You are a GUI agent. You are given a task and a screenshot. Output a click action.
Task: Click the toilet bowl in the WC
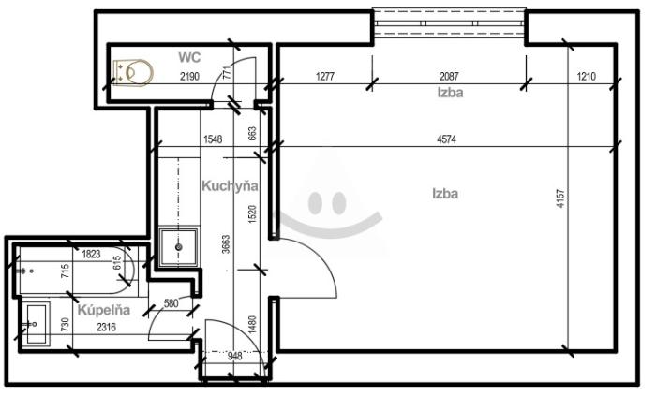pyautogui.click(x=133, y=73)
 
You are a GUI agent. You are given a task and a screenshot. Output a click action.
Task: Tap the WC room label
pyautogui.click(x=189, y=57)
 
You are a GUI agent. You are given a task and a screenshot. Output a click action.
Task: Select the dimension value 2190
pyautogui.click(x=189, y=77)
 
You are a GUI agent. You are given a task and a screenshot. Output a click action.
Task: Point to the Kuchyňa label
pyautogui.click(x=230, y=185)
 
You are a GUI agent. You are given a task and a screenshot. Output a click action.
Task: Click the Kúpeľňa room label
pyautogui.click(x=104, y=310)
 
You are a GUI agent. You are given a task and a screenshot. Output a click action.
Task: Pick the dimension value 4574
pyautogui.click(x=446, y=139)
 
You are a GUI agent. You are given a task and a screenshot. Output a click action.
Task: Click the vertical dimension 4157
pyautogui.click(x=560, y=198)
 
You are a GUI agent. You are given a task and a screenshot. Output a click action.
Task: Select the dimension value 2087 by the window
pyautogui.click(x=449, y=76)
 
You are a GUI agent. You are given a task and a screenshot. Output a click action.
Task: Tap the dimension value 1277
pyautogui.click(x=325, y=76)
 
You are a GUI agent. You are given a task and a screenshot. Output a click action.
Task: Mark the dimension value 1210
pyautogui.click(x=586, y=76)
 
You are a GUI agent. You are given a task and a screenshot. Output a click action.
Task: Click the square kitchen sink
pyautogui.click(x=179, y=247)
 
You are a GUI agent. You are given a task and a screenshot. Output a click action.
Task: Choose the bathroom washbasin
pyautogui.click(x=37, y=324)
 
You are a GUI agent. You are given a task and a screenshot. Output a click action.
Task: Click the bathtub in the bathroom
pyautogui.click(x=75, y=271)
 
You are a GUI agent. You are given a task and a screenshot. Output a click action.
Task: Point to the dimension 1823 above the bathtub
pyautogui.click(x=91, y=254)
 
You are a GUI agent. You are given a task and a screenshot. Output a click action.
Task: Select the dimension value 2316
pyautogui.click(x=106, y=327)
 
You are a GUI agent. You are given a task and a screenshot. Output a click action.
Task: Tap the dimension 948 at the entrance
pyautogui.click(x=234, y=356)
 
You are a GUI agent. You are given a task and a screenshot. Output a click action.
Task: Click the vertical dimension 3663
pyautogui.click(x=226, y=244)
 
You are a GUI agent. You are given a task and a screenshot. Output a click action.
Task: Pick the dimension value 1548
pyautogui.click(x=213, y=139)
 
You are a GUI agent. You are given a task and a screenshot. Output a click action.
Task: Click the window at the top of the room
pyautogui.click(x=449, y=23)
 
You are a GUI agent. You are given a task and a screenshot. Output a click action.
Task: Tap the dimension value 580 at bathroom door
pyautogui.click(x=171, y=302)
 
